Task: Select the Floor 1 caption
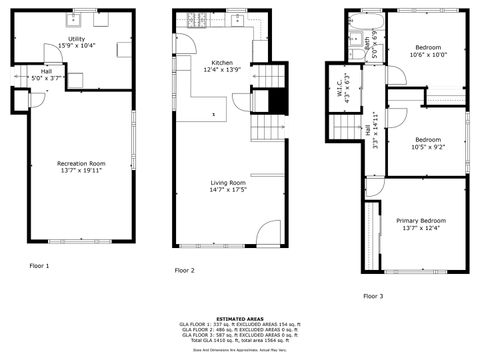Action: [40, 266]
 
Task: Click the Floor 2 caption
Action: [185, 270]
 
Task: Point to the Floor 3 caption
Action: [373, 296]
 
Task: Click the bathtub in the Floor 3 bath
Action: [366, 17]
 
